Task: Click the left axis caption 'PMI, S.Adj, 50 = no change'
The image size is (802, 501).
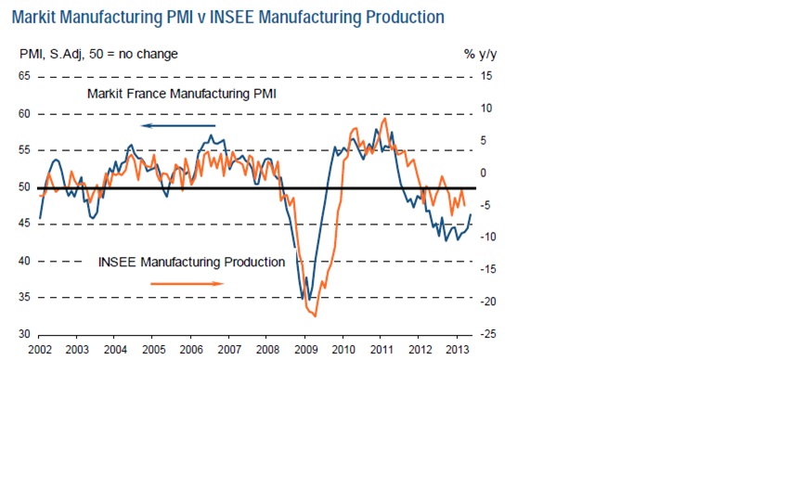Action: [x=99, y=54]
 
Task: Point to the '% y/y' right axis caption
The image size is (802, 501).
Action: [x=482, y=54]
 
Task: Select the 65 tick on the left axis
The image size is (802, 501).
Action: [x=25, y=76]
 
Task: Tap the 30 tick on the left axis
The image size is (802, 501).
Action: [x=25, y=334]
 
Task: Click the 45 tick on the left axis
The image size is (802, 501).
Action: [x=25, y=224]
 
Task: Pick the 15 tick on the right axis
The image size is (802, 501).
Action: [x=486, y=76]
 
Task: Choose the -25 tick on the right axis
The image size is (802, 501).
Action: [x=486, y=334]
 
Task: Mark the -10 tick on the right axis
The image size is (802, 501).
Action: [x=486, y=238]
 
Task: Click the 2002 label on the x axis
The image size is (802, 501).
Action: [x=39, y=350]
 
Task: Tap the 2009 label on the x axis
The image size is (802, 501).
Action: [x=305, y=350]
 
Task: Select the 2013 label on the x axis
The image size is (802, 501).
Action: [x=458, y=350]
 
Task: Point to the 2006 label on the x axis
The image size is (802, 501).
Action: [x=191, y=350]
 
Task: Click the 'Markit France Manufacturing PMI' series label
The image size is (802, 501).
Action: [x=182, y=94]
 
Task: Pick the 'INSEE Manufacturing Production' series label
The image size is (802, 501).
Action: [x=191, y=262]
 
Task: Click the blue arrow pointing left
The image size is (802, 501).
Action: [x=177, y=125]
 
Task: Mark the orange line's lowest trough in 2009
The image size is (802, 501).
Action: [x=316, y=316]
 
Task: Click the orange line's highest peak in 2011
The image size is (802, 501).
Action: [x=384, y=119]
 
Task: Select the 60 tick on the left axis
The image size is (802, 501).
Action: [x=25, y=113]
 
